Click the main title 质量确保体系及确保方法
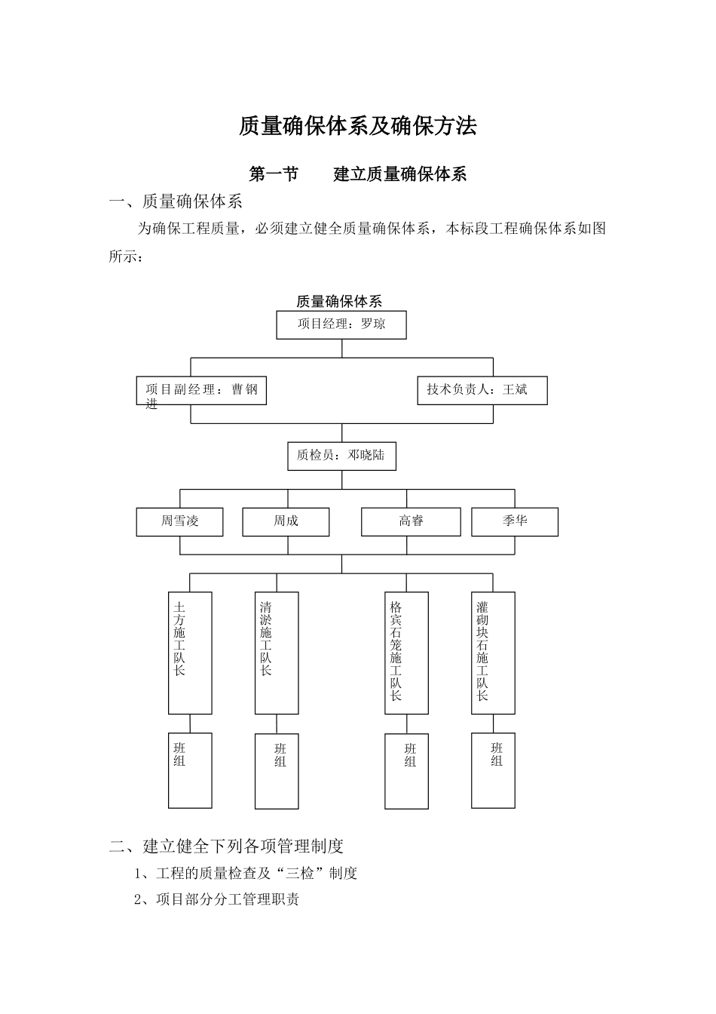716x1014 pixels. (x=357, y=126)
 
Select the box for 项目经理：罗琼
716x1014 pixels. (x=341, y=325)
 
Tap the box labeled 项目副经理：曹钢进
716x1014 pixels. (x=201, y=391)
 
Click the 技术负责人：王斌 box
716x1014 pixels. (x=482, y=390)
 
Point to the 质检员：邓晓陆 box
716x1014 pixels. (x=341, y=456)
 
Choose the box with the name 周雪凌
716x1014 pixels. (x=179, y=521)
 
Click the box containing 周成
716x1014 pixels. (x=286, y=521)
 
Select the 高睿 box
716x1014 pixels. (x=411, y=521)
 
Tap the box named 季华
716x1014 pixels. (x=515, y=521)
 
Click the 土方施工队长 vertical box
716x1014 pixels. (x=190, y=653)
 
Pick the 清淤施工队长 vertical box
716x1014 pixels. (x=277, y=653)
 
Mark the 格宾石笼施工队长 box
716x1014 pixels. (x=406, y=653)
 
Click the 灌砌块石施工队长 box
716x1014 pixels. (x=493, y=653)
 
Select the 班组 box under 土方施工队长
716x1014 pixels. (x=190, y=770)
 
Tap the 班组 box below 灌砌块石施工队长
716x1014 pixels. (x=493, y=770)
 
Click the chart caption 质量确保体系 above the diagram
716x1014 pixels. (x=339, y=302)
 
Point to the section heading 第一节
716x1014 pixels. (x=274, y=175)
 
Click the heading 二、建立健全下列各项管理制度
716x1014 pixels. (x=226, y=846)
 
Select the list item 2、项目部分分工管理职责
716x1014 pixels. (x=216, y=899)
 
